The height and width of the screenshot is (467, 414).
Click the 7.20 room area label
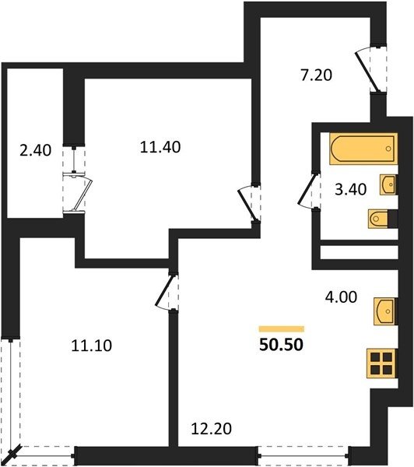316,75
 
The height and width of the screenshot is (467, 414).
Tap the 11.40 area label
160,147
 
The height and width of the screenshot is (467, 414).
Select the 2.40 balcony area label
36,150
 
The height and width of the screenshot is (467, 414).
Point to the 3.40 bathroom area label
350,189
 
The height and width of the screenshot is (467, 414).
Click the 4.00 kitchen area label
341,297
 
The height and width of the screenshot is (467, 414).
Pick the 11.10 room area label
92,346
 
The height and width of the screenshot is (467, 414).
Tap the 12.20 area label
211,429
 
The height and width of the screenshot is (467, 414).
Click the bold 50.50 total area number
281,345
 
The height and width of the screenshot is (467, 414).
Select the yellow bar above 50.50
282,328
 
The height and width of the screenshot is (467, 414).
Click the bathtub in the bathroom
363,149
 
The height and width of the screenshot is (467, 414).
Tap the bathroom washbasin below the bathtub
388,185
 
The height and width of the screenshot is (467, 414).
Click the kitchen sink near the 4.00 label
386,311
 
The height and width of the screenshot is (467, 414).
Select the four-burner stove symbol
382,363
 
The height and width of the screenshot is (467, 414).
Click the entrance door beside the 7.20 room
370,69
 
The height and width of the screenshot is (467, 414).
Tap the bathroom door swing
309,191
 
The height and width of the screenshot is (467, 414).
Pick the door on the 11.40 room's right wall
249,203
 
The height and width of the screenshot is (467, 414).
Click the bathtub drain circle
388,149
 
